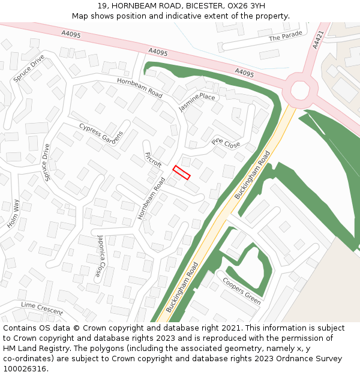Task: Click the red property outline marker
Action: pos(181,172)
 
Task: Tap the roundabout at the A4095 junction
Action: pos(300,89)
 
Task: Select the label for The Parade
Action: pos(286,37)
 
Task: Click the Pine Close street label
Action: pos(226,143)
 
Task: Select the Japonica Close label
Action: pos(101,256)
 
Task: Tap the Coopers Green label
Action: pos(242,290)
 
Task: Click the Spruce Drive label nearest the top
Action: pos(29,69)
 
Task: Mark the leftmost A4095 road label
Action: pos(71,35)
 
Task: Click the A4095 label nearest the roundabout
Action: pos(244,73)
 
